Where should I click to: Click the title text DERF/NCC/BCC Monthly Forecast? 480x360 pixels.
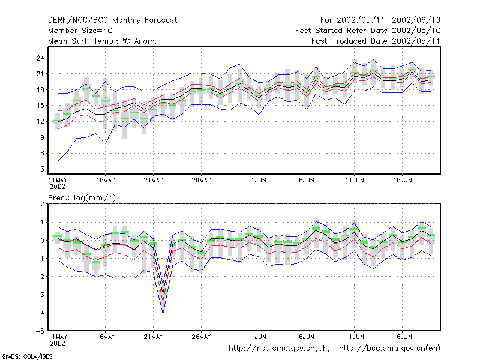(112, 20)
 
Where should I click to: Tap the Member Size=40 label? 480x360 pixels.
(80, 31)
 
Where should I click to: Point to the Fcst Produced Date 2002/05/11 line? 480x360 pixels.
(376, 41)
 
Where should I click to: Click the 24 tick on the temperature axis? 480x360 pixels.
(40, 58)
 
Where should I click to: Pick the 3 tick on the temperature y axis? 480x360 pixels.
(42, 169)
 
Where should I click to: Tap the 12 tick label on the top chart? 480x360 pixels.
(40, 122)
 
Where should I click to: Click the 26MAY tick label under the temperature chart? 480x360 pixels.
(201, 181)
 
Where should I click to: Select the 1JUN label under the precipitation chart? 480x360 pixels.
(259, 337)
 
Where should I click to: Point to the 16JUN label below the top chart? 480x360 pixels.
(402, 181)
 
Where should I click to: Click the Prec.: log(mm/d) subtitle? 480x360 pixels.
(82, 198)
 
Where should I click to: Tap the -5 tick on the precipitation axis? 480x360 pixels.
(40, 331)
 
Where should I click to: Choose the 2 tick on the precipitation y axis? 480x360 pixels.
(42, 204)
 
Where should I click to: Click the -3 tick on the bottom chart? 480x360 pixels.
(40, 295)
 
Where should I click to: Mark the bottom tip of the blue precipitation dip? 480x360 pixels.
(163, 313)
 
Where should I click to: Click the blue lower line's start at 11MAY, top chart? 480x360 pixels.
(58, 161)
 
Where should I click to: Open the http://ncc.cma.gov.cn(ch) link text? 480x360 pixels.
(279, 349)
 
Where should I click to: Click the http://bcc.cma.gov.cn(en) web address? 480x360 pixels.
(389, 349)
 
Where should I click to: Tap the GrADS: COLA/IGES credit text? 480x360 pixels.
(28, 356)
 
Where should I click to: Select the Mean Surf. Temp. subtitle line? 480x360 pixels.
(103, 41)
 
